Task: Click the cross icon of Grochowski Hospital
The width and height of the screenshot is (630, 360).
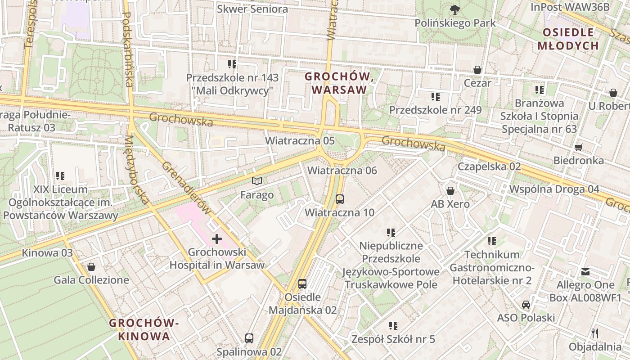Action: (x=216, y=238)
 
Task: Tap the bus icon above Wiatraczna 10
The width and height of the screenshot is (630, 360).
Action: (x=340, y=199)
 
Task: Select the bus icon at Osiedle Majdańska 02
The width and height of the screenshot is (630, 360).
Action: (x=302, y=283)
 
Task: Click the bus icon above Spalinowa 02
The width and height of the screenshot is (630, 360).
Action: (x=249, y=338)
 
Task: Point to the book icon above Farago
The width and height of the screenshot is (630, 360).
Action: (x=257, y=181)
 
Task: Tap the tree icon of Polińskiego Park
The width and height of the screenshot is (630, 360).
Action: (x=455, y=9)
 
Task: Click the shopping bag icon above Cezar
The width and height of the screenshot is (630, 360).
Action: (x=477, y=70)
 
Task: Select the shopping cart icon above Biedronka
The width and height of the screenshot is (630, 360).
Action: (x=579, y=147)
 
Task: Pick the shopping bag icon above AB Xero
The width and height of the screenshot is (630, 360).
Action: (x=450, y=191)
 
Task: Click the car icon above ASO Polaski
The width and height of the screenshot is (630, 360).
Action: (x=526, y=305)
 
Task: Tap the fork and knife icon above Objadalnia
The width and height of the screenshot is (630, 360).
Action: (x=595, y=333)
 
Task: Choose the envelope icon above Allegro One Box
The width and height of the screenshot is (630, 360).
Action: (x=585, y=272)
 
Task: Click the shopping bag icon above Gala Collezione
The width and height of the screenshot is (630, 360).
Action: (x=91, y=267)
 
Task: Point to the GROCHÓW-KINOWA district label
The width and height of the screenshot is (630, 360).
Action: (x=144, y=329)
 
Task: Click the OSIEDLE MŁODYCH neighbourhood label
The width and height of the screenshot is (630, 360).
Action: (x=568, y=39)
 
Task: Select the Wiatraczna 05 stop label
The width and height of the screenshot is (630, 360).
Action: (x=300, y=140)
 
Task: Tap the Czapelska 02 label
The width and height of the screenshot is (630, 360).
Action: (x=489, y=166)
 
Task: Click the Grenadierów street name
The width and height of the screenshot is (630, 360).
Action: (x=186, y=188)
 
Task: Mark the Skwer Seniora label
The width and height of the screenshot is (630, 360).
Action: (x=252, y=9)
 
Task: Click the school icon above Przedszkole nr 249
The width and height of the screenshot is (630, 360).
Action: (x=435, y=96)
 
